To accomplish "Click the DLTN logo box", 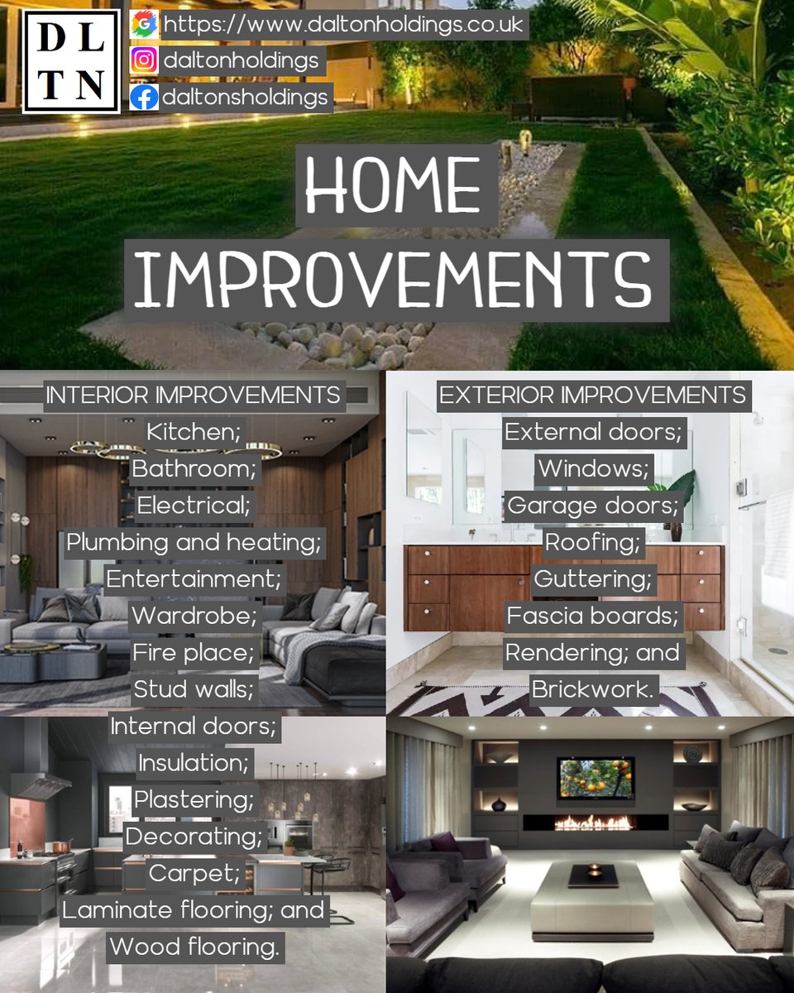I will pyautogui.click(x=71, y=62).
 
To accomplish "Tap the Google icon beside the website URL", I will pyautogui.click(x=144, y=25).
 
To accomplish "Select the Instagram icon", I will pyautogui.click(x=144, y=61).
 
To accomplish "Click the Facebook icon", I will pyautogui.click(x=144, y=98).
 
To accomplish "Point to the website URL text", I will pyautogui.click(x=343, y=25).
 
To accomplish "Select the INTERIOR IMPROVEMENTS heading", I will pyautogui.click(x=193, y=395).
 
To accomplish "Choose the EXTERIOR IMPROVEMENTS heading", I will pyautogui.click(x=593, y=395).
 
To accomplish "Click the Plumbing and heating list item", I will pyautogui.click(x=193, y=543).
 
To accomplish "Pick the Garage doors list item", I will pyautogui.click(x=593, y=505).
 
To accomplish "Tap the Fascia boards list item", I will pyautogui.click(x=593, y=616).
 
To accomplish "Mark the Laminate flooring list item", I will pyautogui.click(x=193, y=910).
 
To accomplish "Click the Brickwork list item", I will pyautogui.click(x=593, y=689).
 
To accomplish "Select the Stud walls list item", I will pyautogui.click(x=193, y=689).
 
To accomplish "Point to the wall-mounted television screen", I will pyautogui.click(x=595, y=778).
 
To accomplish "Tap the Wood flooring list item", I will pyautogui.click(x=193, y=947).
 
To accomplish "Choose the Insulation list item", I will pyautogui.click(x=193, y=762).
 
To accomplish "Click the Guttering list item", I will pyautogui.click(x=593, y=578).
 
